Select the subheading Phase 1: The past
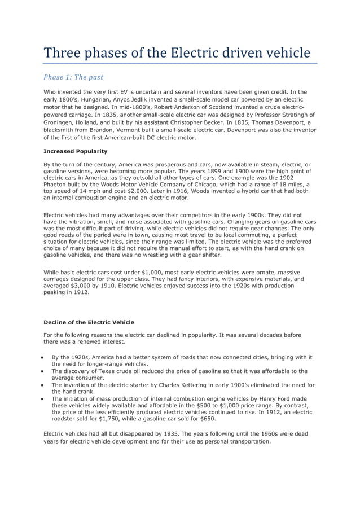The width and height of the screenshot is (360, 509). click(x=73, y=77)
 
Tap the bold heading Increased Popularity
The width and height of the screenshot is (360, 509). click(x=75, y=151)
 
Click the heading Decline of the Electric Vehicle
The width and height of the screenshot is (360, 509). click(x=89, y=322)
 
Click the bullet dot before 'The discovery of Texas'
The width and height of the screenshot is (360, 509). click(x=44, y=372)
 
